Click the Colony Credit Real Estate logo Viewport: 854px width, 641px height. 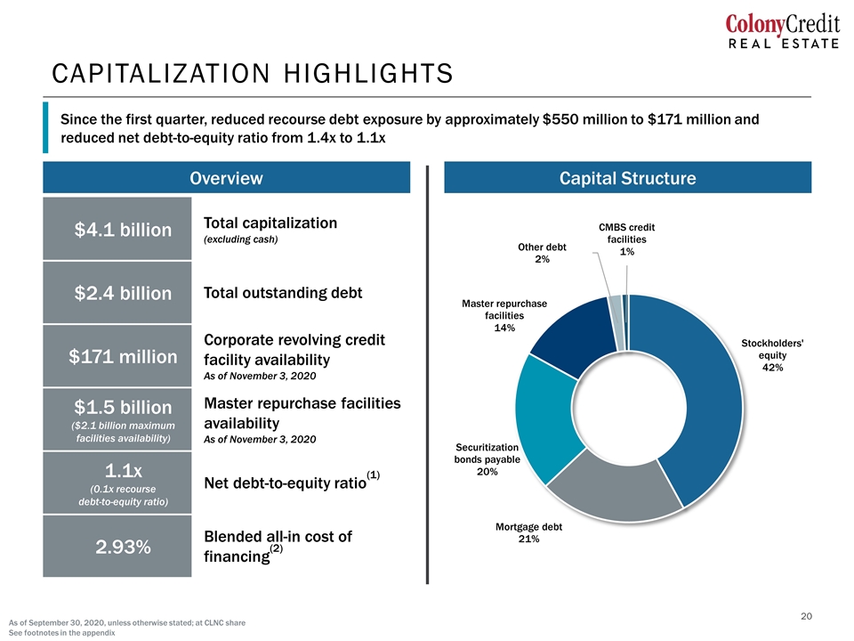782,32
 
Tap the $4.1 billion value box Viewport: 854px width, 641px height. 117,229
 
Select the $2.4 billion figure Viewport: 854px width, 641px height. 123,293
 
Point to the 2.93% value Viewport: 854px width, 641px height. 123,547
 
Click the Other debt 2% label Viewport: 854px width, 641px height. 542,253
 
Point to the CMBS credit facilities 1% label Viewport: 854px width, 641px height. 627,239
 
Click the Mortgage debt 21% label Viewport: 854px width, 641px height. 528,532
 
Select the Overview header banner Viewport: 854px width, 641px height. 227,177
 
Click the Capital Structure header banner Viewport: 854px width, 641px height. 627,177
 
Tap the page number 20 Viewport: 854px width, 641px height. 806,616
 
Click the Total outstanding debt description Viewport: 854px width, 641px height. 283,293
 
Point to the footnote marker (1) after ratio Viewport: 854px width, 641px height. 373,475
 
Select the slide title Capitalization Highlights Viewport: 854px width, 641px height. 252,74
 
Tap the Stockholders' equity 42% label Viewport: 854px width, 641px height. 772,355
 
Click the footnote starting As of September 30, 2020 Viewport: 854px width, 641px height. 127,622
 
